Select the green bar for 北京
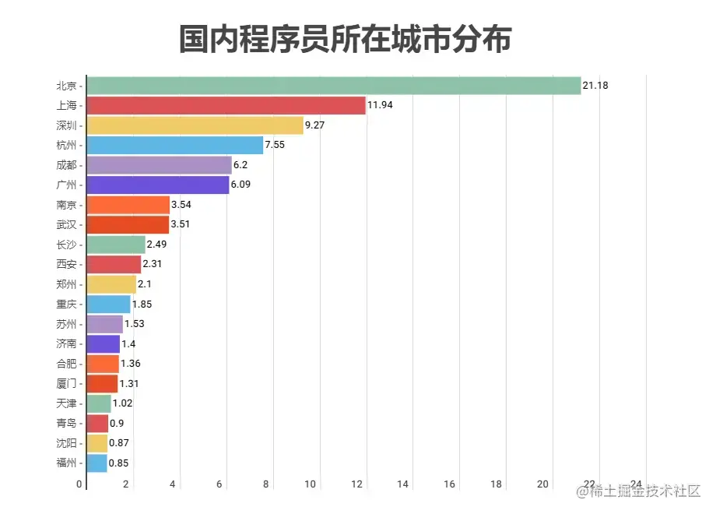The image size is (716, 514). [x=334, y=85]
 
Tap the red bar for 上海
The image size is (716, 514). [x=226, y=105]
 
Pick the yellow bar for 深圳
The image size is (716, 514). [x=195, y=125]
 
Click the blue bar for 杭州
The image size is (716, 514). [x=175, y=145]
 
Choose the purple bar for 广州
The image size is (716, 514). [x=158, y=185]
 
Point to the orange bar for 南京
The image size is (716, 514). [x=128, y=205]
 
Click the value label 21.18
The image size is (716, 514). [x=595, y=85]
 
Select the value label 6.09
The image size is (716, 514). [x=243, y=185]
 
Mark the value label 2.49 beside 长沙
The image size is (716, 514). [x=157, y=245]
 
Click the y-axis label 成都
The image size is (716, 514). [x=67, y=165]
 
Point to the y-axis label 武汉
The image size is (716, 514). [x=67, y=225]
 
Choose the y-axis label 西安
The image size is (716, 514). [x=67, y=265]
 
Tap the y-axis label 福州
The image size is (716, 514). [x=67, y=463]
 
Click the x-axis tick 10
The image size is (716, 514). [x=310, y=484]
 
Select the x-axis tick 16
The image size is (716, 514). [x=450, y=484]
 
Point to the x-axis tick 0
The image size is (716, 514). [x=79, y=484]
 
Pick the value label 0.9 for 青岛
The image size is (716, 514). [x=117, y=424]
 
